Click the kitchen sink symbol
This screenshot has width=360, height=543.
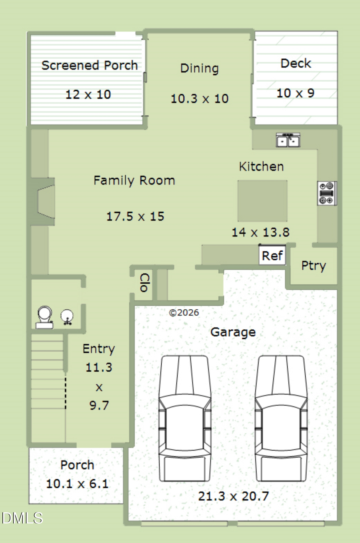click(x=288, y=140)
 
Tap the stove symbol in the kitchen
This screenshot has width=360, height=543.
click(x=327, y=193)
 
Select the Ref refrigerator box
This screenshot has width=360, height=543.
click(x=272, y=255)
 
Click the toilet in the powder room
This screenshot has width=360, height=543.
click(x=44, y=317)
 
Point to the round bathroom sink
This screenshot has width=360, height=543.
click(x=67, y=317)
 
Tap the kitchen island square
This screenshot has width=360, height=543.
click(x=262, y=201)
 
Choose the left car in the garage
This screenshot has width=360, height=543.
click(x=185, y=419)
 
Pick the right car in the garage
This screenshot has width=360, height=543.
click(x=281, y=419)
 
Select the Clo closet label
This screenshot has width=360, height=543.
click(x=145, y=283)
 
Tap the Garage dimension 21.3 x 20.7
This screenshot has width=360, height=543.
click(x=234, y=496)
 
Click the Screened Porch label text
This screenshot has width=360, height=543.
click(x=90, y=66)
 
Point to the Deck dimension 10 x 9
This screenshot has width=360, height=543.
click(x=296, y=93)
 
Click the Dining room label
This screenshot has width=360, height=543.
click(x=199, y=68)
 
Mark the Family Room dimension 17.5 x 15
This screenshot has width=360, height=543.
click(x=136, y=216)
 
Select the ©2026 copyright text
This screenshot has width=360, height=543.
click(x=184, y=313)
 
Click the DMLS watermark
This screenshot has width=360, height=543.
click(x=22, y=518)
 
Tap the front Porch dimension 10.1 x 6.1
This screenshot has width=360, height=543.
click(x=77, y=484)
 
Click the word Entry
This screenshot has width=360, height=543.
click(x=99, y=349)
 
